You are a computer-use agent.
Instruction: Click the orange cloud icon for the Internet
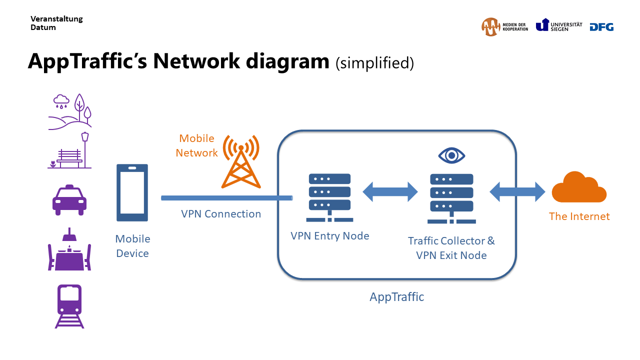(579, 188)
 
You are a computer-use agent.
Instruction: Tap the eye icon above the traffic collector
(451, 155)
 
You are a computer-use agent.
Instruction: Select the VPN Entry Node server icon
(329, 197)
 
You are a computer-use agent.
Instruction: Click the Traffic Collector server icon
(451, 198)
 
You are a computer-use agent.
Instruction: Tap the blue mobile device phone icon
(132, 192)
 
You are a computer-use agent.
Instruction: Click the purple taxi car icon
(69, 200)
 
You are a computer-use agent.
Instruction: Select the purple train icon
(69, 306)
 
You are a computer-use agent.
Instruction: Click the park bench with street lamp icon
(70, 151)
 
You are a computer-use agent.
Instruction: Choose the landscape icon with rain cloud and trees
(70, 111)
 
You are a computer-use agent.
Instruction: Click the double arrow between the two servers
(390, 191)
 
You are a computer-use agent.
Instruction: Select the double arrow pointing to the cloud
(517, 191)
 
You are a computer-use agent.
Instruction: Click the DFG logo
(601, 27)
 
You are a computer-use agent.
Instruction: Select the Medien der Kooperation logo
(504, 27)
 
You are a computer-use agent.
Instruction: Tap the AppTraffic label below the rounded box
(396, 297)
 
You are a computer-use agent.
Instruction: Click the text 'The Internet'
(579, 216)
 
